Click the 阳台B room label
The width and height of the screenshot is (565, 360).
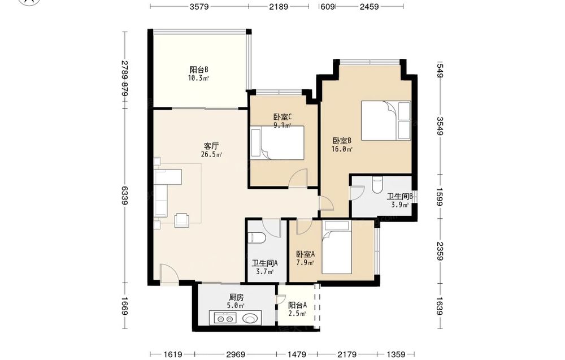(x=198, y=70)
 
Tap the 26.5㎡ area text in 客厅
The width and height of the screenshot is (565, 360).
(x=211, y=155)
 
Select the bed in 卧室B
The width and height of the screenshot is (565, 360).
(x=386, y=120)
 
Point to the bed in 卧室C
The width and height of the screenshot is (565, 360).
(x=277, y=143)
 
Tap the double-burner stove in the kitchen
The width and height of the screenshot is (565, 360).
(x=225, y=318)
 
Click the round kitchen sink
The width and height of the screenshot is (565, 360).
(x=250, y=318)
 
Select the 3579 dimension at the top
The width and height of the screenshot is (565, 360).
(x=199, y=6)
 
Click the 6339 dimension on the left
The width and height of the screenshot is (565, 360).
(x=124, y=196)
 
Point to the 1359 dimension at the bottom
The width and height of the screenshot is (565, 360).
(x=395, y=354)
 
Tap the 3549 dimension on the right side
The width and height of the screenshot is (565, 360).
(x=440, y=126)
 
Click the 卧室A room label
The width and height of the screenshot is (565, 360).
(x=306, y=254)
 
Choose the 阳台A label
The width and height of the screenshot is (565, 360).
(x=298, y=305)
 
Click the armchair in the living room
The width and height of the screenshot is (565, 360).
(x=182, y=220)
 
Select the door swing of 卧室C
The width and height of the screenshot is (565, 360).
(x=299, y=177)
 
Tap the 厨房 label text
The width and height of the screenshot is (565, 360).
(x=236, y=298)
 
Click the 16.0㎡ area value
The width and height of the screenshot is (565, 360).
(x=342, y=149)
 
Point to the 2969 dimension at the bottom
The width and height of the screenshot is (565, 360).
(x=236, y=354)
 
